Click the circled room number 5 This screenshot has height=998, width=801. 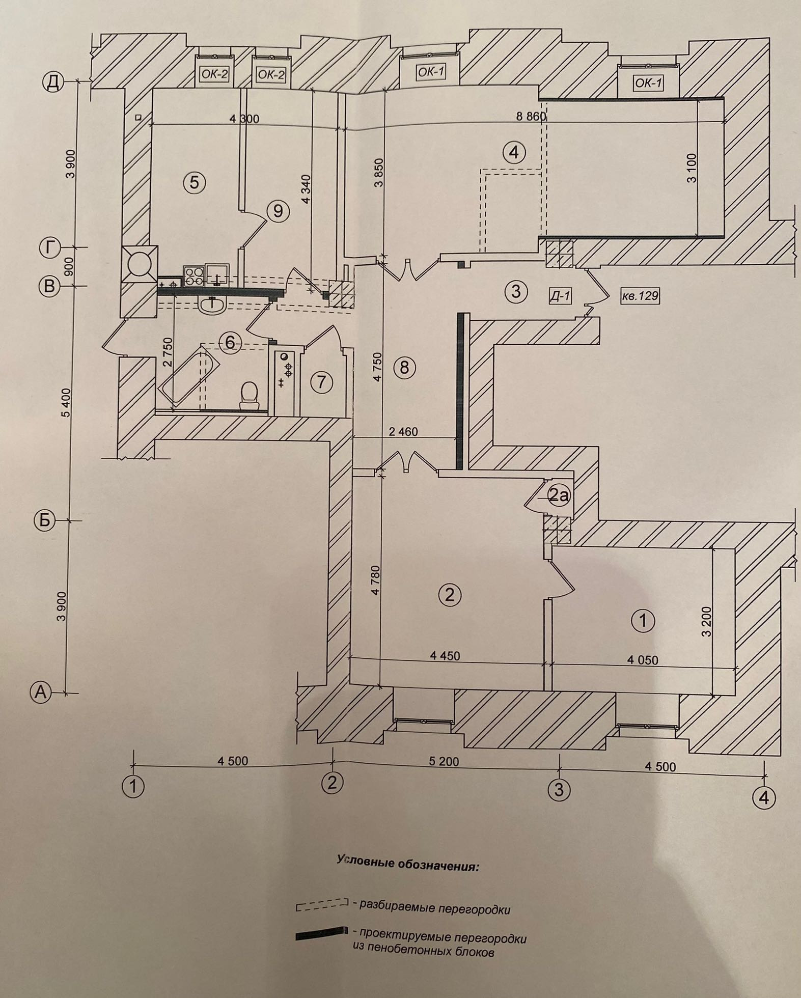194,182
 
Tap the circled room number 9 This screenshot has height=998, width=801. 278,210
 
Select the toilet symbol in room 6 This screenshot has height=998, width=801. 249,395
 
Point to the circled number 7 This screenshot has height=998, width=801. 321,381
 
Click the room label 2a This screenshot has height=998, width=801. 558,494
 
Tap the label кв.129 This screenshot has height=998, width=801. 640,295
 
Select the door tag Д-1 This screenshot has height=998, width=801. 560,296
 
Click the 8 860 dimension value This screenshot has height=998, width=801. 530,117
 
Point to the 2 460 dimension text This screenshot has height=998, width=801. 403,432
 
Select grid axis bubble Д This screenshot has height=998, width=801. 53,82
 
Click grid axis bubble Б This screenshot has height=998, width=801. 44,521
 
